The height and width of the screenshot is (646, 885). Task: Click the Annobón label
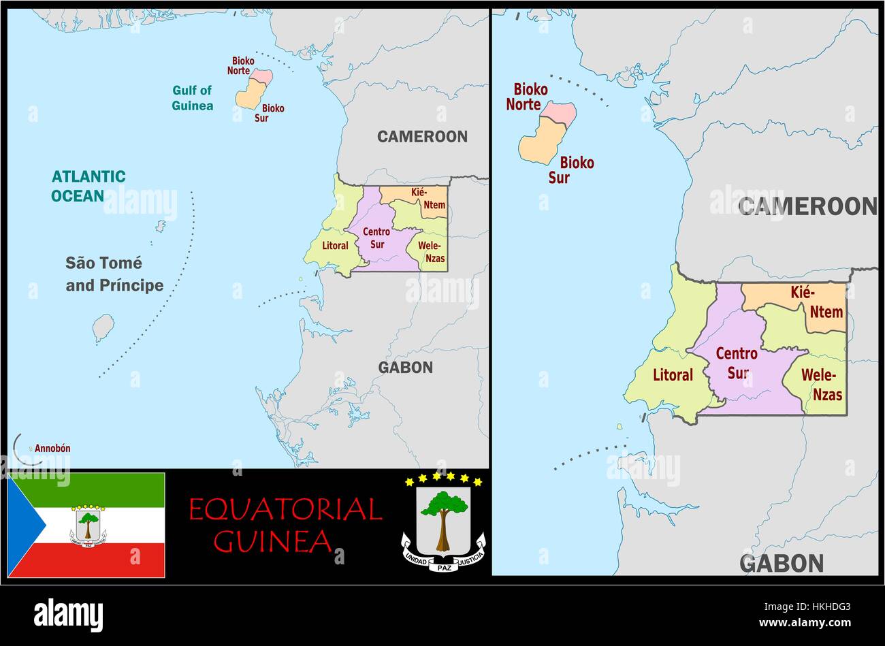coord(52,449)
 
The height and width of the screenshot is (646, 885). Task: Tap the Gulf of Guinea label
coord(192,98)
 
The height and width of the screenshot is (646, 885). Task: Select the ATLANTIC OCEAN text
coord(88,187)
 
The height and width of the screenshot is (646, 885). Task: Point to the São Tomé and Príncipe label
coord(114,274)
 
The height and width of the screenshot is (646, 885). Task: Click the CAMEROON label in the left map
coord(422,137)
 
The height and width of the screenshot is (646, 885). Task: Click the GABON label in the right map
coord(782,564)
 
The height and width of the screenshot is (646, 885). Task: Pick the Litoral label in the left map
coord(334,246)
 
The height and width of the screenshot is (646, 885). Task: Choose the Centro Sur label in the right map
coord(737,363)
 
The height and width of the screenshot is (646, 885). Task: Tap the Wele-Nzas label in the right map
coord(822,385)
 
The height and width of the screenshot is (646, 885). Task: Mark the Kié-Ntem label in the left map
coord(428,199)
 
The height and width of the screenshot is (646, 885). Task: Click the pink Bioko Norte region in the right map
coord(560,112)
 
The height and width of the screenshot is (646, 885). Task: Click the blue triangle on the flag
coord(24,525)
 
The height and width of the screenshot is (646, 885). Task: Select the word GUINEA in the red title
coord(272,541)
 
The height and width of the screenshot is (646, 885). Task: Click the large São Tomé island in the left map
coord(103,328)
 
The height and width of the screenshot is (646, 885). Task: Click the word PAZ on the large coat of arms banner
coord(444,566)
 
